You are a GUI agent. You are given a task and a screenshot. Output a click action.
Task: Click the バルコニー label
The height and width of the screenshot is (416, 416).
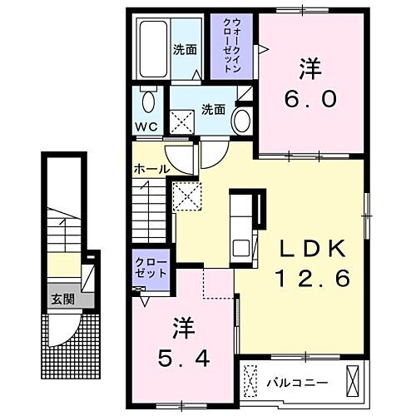(297, 383)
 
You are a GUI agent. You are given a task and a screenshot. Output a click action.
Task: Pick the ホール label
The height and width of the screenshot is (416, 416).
(151, 169)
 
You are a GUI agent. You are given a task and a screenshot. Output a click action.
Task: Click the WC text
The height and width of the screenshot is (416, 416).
(146, 127)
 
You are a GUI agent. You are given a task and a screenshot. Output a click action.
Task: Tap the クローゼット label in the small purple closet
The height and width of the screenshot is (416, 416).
(151, 267)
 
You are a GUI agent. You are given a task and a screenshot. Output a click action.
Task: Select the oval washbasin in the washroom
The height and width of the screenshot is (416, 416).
(242, 120)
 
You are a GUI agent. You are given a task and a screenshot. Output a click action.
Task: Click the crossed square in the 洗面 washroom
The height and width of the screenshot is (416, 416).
(182, 122)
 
